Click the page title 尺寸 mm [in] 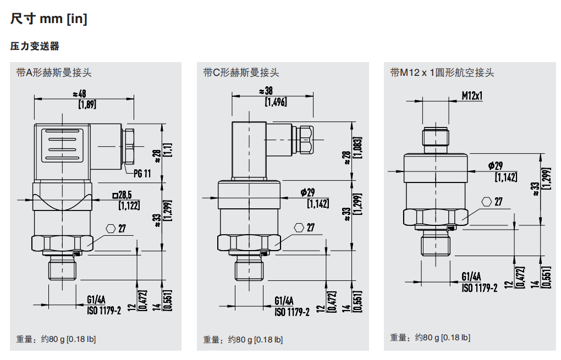pyautogui.click(x=48, y=19)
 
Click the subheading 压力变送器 pyautogui.click(x=35, y=47)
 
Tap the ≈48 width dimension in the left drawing pyautogui.click(x=79, y=93)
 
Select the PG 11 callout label pyautogui.click(x=142, y=174)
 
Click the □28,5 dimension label pyautogui.click(x=125, y=195)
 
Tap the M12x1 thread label pyautogui.click(x=472, y=96)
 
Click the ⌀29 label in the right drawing pyautogui.click(x=496, y=165)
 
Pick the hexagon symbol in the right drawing pyautogui.click(x=487, y=202)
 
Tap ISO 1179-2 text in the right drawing pyautogui.click(x=479, y=287)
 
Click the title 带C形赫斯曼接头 pyautogui.click(x=241, y=73)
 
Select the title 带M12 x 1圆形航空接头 pyautogui.click(x=442, y=73)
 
